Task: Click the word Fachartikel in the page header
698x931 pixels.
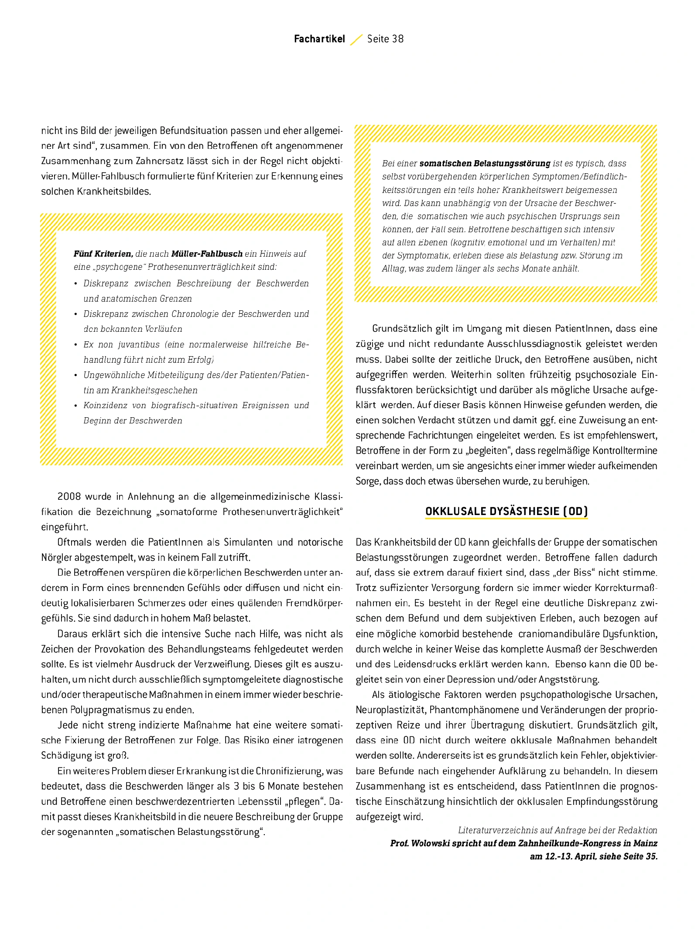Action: pyautogui.click(x=319, y=39)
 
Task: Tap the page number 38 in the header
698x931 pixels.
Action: pyautogui.click(x=398, y=39)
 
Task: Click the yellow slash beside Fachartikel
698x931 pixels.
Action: pyautogui.click(x=356, y=40)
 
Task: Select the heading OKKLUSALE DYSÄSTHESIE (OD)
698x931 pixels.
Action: pyautogui.click(x=506, y=511)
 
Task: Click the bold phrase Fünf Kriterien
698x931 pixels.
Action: pyautogui.click(x=103, y=254)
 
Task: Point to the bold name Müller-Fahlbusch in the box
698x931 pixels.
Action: pyautogui.click(x=207, y=254)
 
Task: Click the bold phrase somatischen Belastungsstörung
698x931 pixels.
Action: pyautogui.click(x=485, y=164)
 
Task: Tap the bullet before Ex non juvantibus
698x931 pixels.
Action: pyautogui.click(x=76, y=345)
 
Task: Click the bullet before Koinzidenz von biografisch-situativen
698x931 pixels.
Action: pyautogui.click(x=76, y=406)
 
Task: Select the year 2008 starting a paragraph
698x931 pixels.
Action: pyautogui.click(x=69, y=497)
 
